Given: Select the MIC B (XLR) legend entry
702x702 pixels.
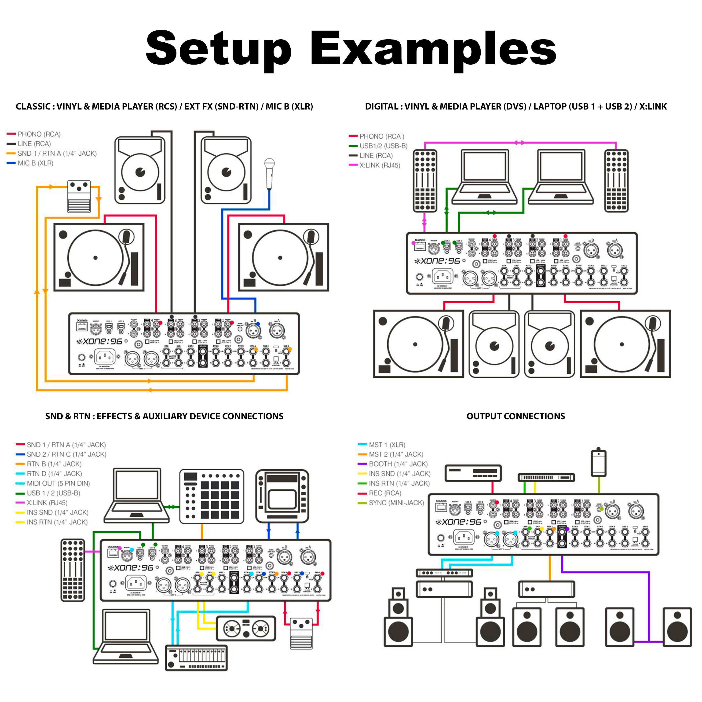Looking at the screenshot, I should [35, 163].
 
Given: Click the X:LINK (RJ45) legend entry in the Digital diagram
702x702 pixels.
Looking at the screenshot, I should [379, 165].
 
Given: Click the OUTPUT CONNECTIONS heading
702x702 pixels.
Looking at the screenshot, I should [516, 417].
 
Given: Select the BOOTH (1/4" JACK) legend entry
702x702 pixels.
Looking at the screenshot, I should [398, 464].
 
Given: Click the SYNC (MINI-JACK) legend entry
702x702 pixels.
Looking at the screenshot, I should [396, 503].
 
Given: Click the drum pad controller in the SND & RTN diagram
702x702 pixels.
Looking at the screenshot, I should [212, 496].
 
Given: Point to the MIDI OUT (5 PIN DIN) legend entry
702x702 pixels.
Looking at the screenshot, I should [58, 483].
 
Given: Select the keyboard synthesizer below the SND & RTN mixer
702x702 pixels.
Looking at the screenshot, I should [196, 658].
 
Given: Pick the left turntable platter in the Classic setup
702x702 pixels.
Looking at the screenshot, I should [95, 258].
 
